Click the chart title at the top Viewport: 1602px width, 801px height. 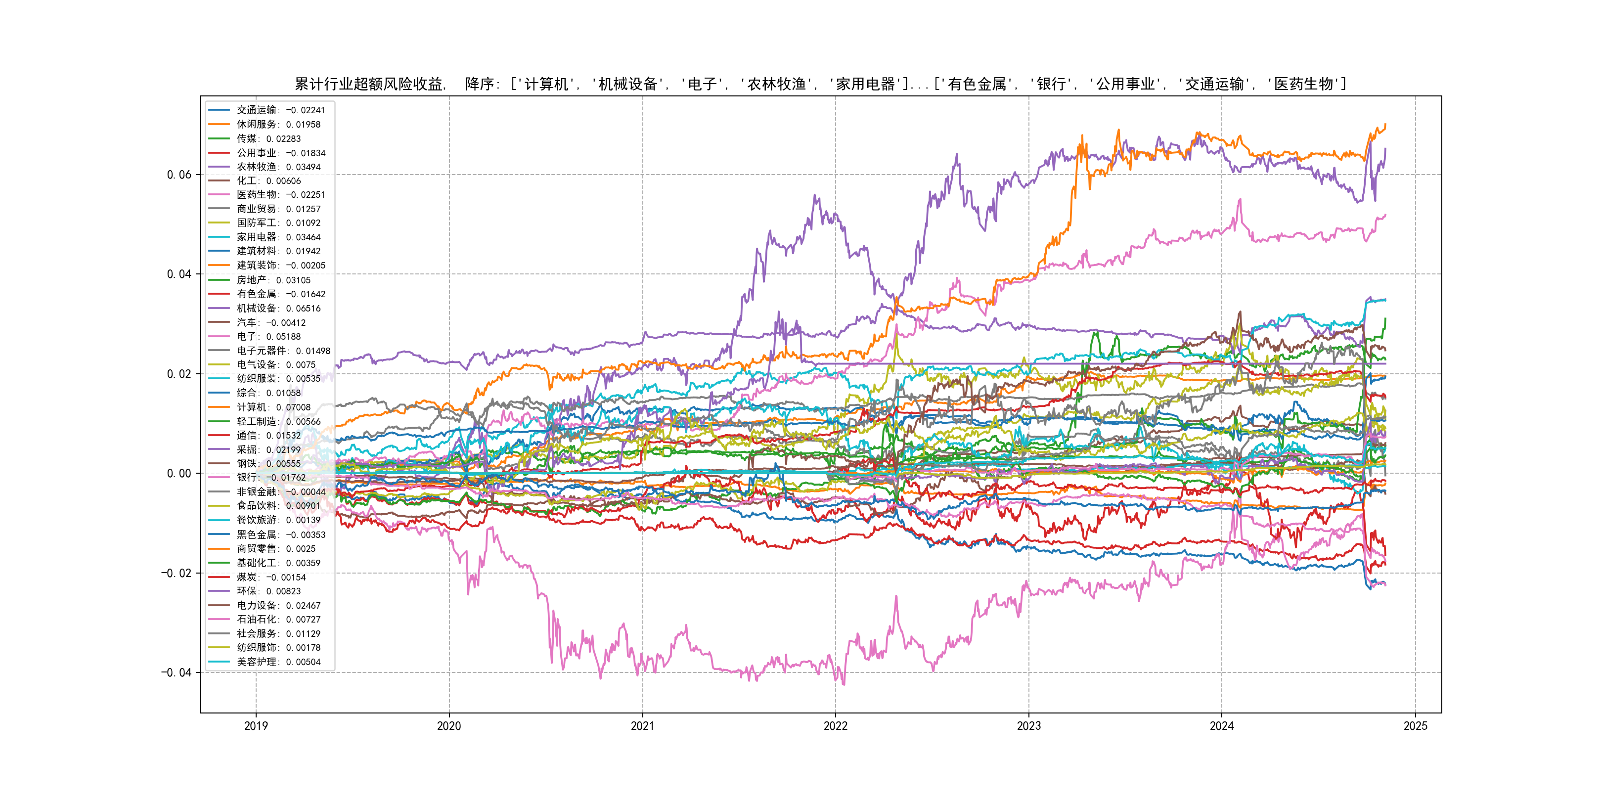pyautogui.click(x=820, y=84)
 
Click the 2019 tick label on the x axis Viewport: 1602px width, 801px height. pyautogui.click(x=256, y=726)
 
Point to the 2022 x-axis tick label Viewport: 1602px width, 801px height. pyautogui.click(x=835, y=726)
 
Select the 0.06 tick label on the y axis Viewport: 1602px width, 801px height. pyautogui.click(x=179, y=175)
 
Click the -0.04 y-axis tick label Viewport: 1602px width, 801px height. pyautogui.click(x=177, y=672)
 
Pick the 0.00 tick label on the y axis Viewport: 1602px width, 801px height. pyautogui.click(x=179, y=473)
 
